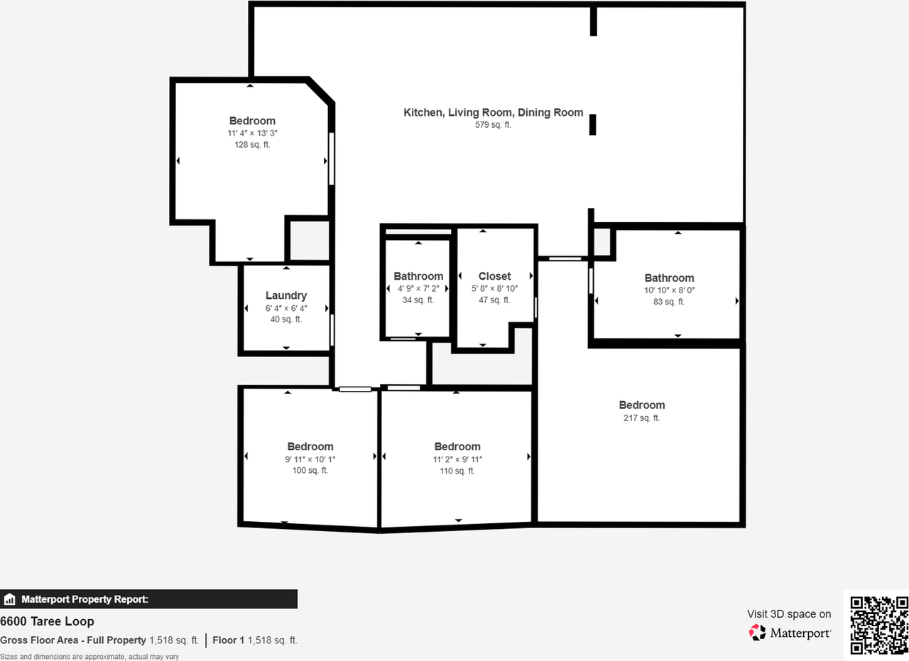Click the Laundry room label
click(x=285, y=295)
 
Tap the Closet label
click(x=494, y=276)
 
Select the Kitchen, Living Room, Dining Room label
click(x=493, y=112)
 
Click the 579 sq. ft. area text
click(x=493, y=125)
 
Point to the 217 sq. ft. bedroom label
click(x=641, y=418)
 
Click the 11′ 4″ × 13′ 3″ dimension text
click(x=252, y=133)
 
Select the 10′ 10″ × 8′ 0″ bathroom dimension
click(x=669, y=290)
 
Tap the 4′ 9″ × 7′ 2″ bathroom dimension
click(x=418, y=289)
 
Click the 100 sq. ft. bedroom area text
click(x=310, y=471)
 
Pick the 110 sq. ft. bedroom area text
click(x=457, y=471)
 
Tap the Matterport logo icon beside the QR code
click(x=758, y=632)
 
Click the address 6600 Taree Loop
click(x=47, y=622)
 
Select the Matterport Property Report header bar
click(x=148, y=599)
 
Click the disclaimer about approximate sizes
click(x=89, y=657)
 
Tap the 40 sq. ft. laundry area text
click(x=285, y=319)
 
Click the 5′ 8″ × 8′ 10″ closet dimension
click(x=494, y=288)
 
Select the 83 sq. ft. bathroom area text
click(x=669, y=302)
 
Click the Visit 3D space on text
click(x=788, y=614)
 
